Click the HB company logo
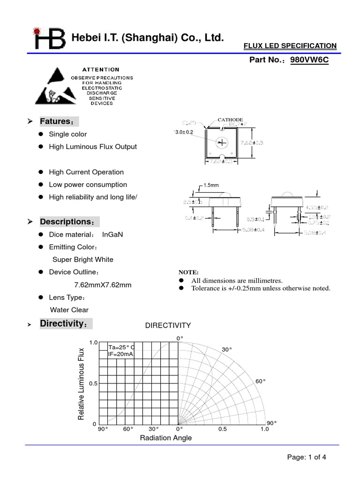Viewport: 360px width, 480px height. pos(49,38)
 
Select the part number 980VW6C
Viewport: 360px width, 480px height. pos(309,60)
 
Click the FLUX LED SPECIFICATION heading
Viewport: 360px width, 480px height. pos(290,45)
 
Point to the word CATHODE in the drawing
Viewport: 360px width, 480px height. pos(230,120)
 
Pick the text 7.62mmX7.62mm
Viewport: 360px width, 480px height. pos(103,285)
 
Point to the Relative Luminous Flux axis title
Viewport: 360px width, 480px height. pos(82,384)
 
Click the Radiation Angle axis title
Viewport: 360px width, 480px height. pos(166,438)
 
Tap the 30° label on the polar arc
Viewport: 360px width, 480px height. pos(227,350)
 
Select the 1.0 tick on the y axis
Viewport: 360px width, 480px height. pos(93,343)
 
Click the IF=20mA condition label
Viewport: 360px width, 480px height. pos(120,354)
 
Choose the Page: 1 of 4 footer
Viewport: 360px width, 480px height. pos(306,457)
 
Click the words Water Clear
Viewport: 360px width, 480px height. pos(69,310)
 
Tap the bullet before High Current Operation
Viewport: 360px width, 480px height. pos(41,172)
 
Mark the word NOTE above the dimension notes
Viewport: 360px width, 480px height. pos(188,272)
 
